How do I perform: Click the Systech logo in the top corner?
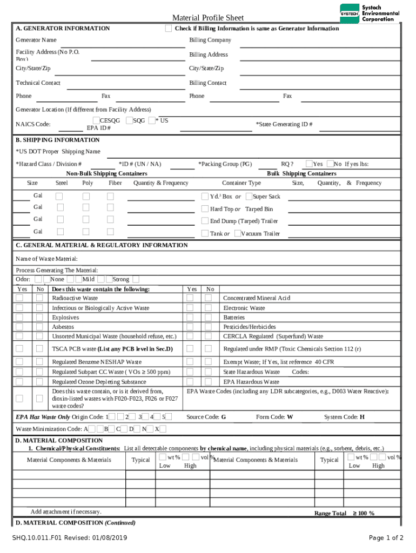coord(370,13)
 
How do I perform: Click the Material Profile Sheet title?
coord(208,18)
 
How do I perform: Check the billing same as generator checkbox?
coord(169,28)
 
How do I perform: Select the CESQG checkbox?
coord(96,121)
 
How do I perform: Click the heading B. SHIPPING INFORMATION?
coord(57,140)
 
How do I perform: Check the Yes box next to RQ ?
coord(309,164)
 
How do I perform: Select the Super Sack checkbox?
coord(249,197)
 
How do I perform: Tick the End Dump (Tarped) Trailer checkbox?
coord(205,221)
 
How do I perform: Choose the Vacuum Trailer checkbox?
coord(237,233)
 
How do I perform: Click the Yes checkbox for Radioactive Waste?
coord(19,298)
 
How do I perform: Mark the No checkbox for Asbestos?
coord(39,327)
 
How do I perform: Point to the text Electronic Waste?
coord(244,308)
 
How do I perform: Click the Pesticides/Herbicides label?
coord(250,327)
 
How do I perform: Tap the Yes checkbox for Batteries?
coord(190,318)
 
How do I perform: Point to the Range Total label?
coord(330,513)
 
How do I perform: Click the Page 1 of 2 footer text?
coord(386,538)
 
